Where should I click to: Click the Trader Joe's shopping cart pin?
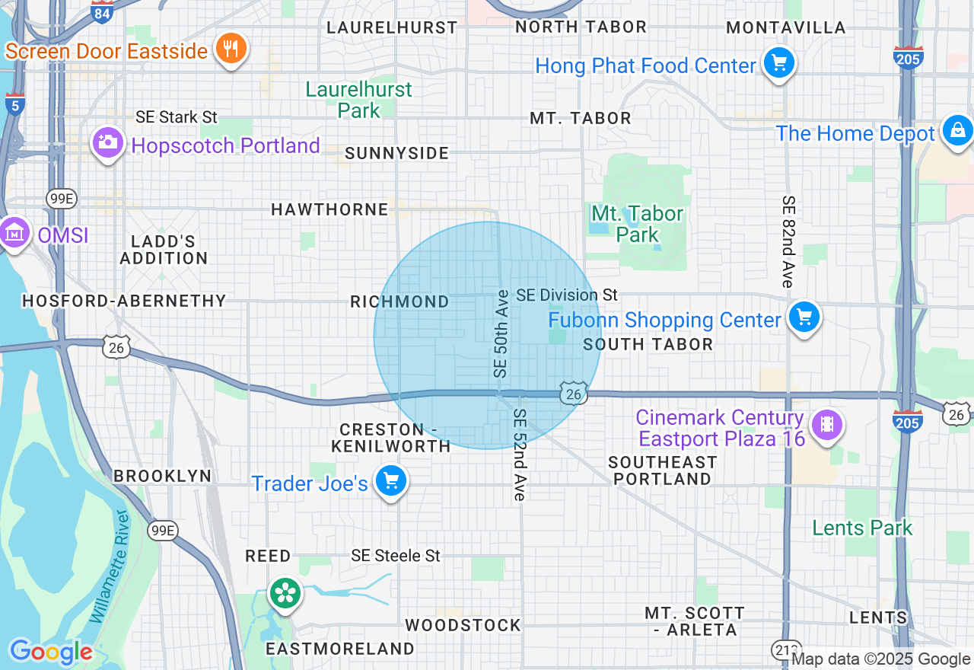click(x=391, y=481)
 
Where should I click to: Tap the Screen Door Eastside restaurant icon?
click(x=230, y=49)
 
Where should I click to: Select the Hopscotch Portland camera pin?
click(x=107, y=142)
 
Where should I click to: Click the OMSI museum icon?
click(x=14, y=233)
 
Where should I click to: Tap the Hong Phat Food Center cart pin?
click(x=778, y=64)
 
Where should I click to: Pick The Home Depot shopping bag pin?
click(x=956, y=131)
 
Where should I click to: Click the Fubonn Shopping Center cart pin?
click(x=804, y=317)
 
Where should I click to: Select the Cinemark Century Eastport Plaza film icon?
click(x=827, y=425)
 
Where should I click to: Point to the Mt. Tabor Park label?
click(x=638, y=224)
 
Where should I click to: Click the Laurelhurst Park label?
click(x=358, y=100)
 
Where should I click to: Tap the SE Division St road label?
click(x=567, y=295)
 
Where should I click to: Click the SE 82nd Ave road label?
click(x=788, y=241)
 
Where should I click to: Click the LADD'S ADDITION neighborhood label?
click(x=164, y=250)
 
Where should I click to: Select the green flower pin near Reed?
click(x=285, y=593)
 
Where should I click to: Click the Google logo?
click(x=51, y=652)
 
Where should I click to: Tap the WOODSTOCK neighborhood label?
click(x=463, y=625)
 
